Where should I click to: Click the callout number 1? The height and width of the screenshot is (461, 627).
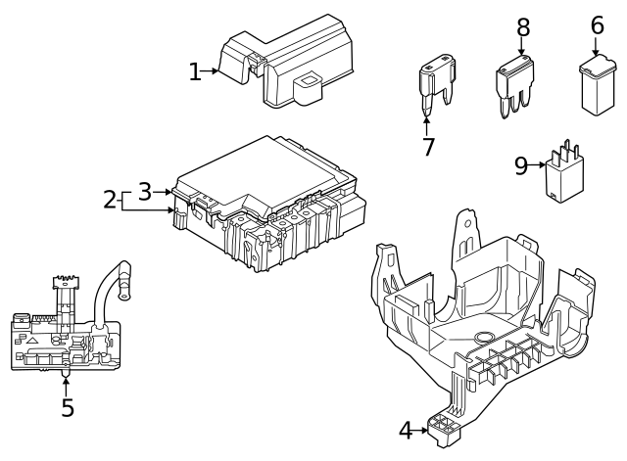point(195,71)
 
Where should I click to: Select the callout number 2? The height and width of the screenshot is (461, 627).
point(110,200)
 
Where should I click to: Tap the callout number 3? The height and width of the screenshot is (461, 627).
point(144,191)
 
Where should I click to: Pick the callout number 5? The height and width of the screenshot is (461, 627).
point(67,407)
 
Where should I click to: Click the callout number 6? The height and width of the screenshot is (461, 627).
point(597,24)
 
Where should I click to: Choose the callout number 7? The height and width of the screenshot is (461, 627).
point(427,147)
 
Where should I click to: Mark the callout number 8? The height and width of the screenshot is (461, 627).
point(522,25)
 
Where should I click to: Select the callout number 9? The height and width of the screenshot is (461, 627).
point(521,165)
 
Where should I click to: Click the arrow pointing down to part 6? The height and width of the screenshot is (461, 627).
point(596,47)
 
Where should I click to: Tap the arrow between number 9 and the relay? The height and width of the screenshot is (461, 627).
point(539,165)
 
